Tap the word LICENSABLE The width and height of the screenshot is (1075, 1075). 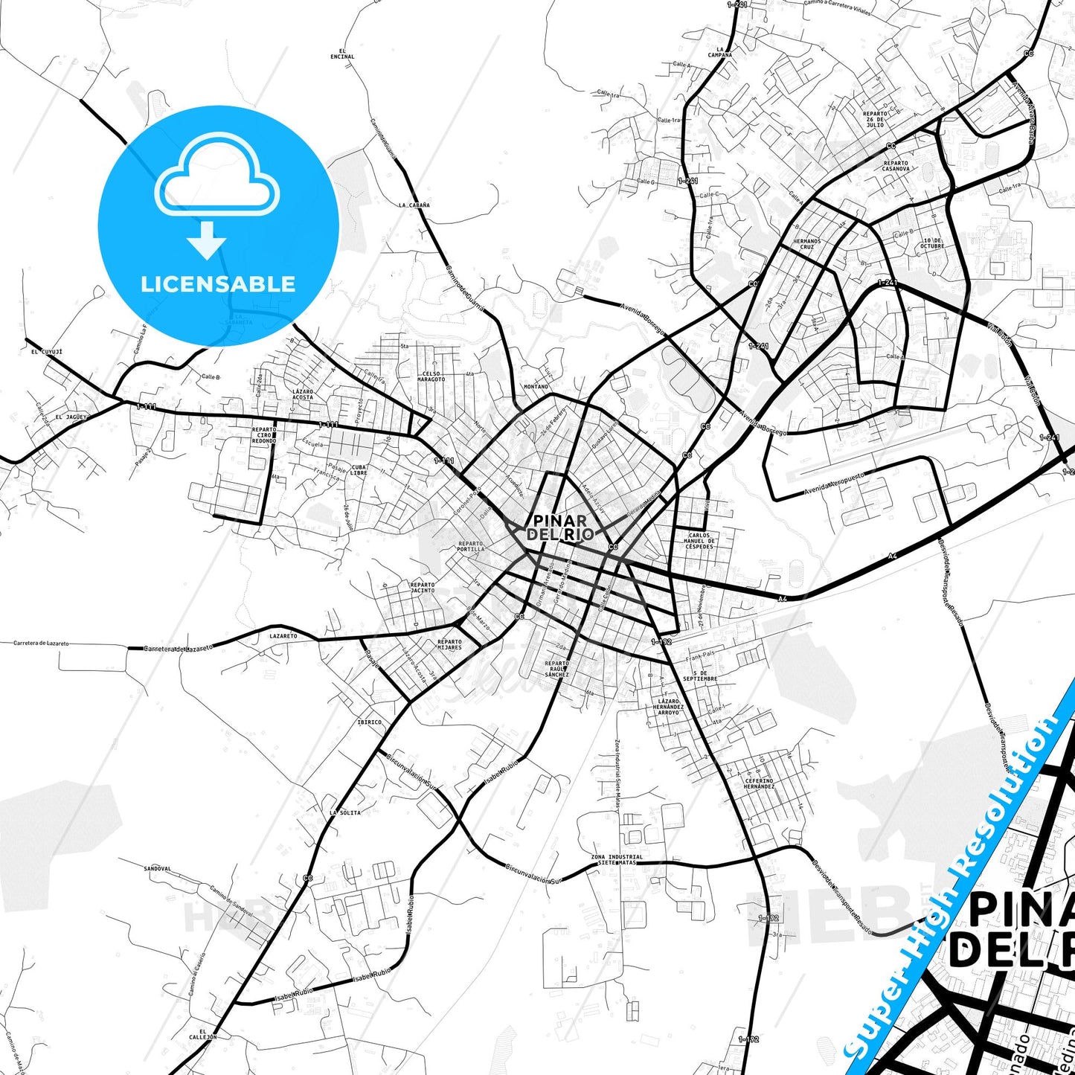coord(218,283)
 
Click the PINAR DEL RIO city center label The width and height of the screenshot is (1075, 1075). coord(560,527)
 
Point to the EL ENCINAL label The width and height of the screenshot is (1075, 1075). coord(342,54)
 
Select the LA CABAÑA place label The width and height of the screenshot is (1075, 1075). coord(414,205)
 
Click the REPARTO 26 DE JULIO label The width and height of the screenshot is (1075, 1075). coord(875,120)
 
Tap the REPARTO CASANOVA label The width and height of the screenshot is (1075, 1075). coord(896,166)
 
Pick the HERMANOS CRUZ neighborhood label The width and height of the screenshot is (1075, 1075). coord(807,244)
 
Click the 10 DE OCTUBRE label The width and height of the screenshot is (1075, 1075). coord(932,243)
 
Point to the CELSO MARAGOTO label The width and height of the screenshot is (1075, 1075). coord(431,376)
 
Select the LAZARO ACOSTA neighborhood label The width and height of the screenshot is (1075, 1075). coord(303,394)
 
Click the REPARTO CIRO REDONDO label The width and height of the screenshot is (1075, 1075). coord(264,435)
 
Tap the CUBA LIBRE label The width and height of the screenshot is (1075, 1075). coord(359,469)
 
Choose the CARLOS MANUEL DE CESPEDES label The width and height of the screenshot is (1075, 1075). coord(699,540)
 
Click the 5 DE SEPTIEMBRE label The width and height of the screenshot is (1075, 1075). coord(700,676)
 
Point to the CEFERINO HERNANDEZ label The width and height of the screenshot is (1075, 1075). coord(759,783)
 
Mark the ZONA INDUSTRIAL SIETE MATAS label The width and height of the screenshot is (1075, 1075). coord(617,860)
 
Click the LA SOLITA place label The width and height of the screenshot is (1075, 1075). coord(345,812)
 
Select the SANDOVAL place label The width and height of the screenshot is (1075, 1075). coord(157,868)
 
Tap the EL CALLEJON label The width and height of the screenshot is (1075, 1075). coord(202,1033)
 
